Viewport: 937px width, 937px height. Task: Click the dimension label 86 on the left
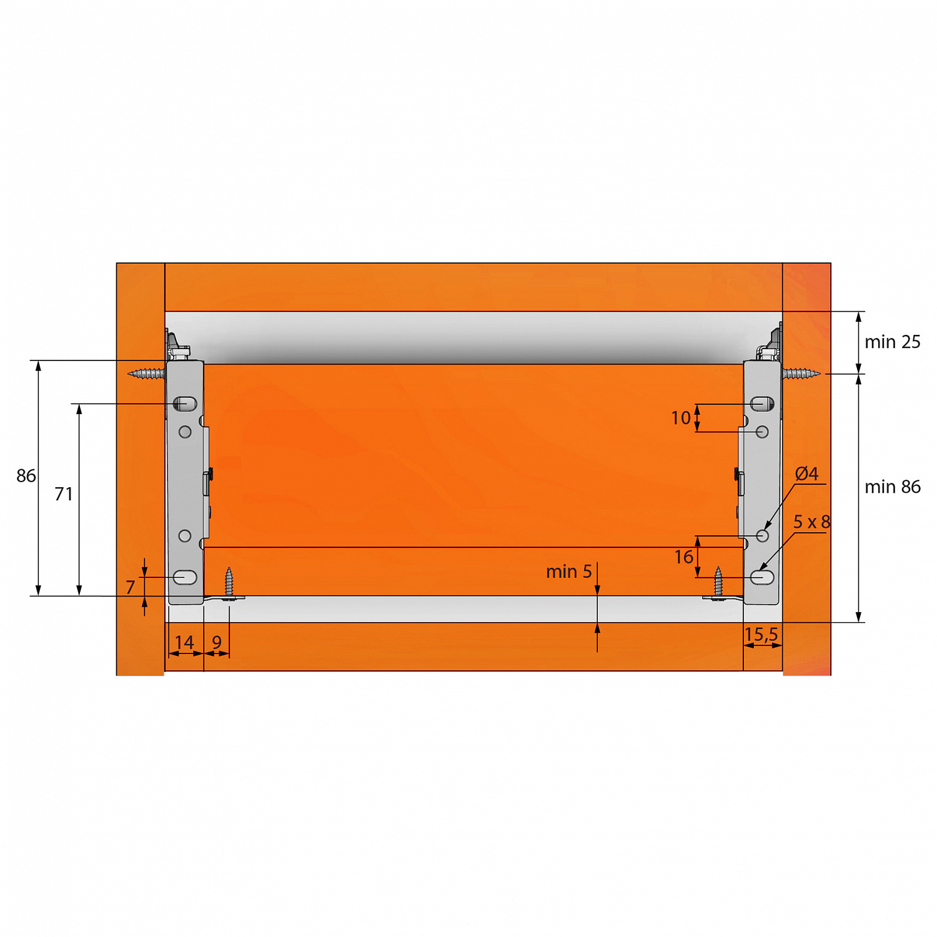(x=26, y=476)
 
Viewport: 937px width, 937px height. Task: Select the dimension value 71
(x=64, y=494)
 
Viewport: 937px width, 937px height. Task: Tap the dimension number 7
(x=130, y=587)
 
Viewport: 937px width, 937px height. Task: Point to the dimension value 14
(x=184, y=642)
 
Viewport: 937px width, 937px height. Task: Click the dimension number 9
(x=217, y=642)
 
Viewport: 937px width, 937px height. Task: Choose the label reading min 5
(x=568, y=572)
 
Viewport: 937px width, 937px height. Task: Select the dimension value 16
(x=684, y=557)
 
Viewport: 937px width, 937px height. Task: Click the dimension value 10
(x=681, y=418)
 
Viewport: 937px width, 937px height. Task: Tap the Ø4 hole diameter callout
(x=806, y=473)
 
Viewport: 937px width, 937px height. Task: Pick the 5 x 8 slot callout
(x=811, y=522)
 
